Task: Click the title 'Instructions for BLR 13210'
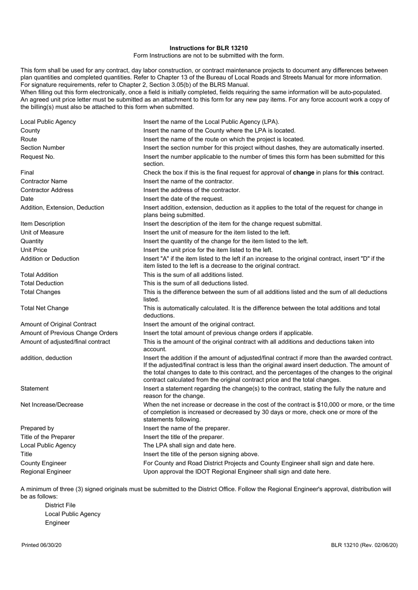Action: point(209,48)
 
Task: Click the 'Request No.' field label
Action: point(37,157)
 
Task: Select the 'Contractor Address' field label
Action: point(47,190)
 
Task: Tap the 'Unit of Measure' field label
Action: point(42,232)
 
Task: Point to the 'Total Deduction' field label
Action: point(42,283)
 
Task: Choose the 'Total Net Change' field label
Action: point(44,308)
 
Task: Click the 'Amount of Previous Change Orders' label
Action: point(69,333)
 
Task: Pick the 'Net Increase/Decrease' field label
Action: point(51,404)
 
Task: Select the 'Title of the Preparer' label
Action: point(48,437)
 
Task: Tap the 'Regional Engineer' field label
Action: point(45,472)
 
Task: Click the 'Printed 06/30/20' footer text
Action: point(41,545)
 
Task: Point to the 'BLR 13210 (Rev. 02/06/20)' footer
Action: point(364,545)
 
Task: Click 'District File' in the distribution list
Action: point(60,505)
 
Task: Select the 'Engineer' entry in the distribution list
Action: point(57,523)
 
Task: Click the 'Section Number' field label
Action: point(42,148)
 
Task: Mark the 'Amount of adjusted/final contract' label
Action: point(65,342)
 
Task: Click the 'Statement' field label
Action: point(34,389)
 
